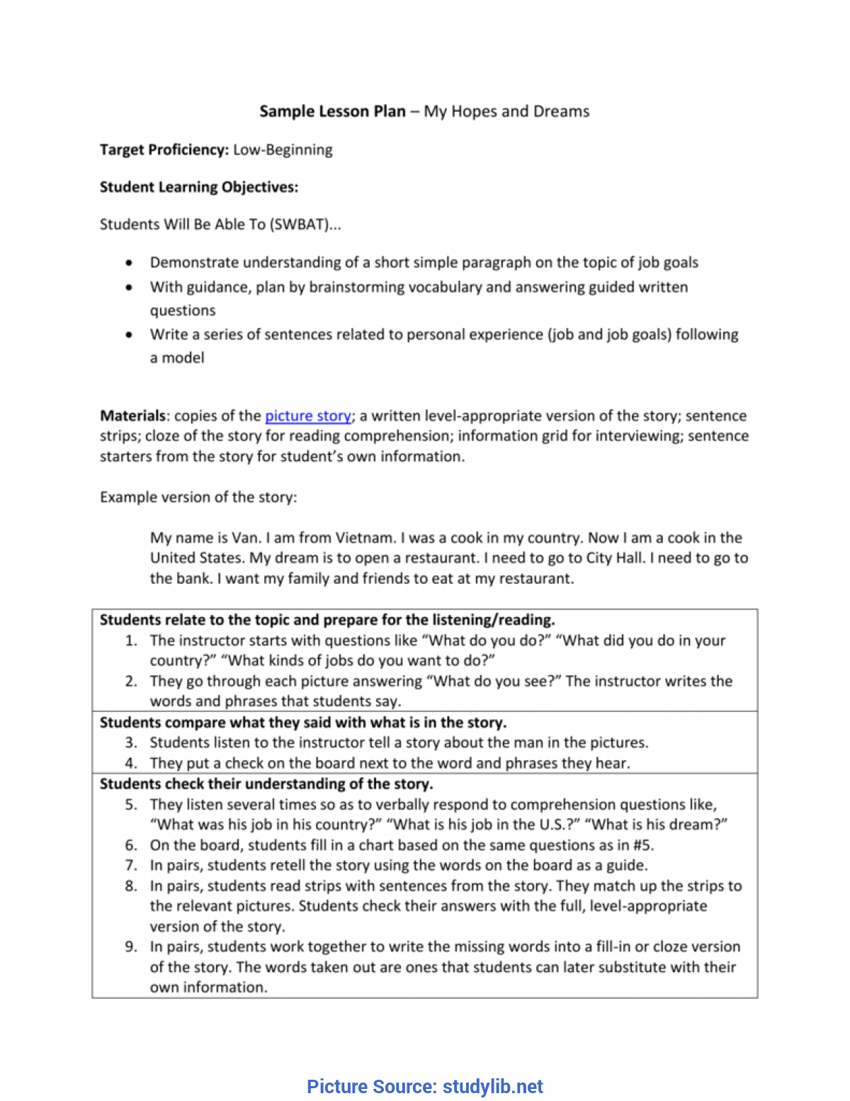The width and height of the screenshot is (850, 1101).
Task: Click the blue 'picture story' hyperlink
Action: tap(307, 416)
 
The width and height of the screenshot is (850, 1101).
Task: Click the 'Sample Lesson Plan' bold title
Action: tap(332, 111)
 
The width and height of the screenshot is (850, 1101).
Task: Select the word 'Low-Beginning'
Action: tap(283, 149)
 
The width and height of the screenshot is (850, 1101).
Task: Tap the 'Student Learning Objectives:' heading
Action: tap(199, 187)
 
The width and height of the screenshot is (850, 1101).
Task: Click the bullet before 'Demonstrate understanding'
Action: tap(129, 263)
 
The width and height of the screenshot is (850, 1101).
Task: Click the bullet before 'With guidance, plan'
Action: tap(129, 288)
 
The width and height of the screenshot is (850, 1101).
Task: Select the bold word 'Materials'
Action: tap(132, 416)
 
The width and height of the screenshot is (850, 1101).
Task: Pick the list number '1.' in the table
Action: tap(131, 640)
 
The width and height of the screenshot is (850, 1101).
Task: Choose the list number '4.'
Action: tap(131, 763)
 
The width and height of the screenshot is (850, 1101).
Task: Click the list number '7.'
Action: tap(131, 865)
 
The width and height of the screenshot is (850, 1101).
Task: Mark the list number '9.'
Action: tap(131, 947)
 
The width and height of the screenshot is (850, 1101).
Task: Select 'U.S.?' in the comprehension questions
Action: tap(560, 825)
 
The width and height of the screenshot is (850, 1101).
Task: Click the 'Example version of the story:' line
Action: tap(198, 497)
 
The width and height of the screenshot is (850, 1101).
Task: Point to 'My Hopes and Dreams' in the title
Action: tap(506, 111)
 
